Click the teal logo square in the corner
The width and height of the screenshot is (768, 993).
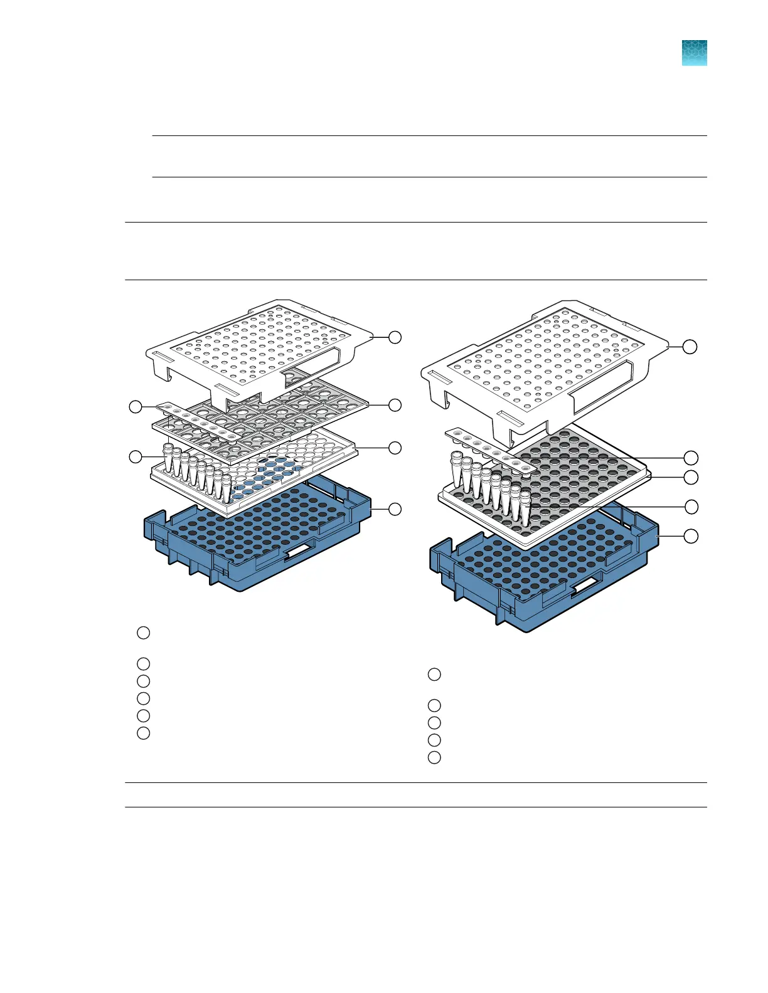click(694, 53)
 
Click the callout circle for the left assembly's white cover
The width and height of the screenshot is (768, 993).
click(395, 337)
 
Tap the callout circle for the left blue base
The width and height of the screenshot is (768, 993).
click(395, 509)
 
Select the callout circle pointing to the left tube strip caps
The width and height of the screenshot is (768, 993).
click(135, 407)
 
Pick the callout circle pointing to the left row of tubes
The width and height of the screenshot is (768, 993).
click(135, 456)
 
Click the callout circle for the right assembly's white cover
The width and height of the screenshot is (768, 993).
click(690, 346)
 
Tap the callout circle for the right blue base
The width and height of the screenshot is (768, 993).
click(690, 536)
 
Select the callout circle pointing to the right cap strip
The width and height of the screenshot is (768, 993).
click(690, 457)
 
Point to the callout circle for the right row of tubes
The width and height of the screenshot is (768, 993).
click(690, 506)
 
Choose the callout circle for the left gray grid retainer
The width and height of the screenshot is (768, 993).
click(395, 405)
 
